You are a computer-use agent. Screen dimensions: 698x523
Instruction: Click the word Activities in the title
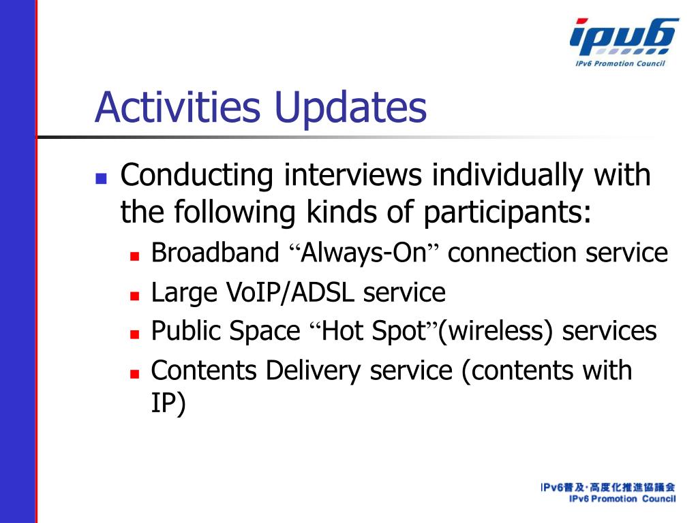(x=177, y=107)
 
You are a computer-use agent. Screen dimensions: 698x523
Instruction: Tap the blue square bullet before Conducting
(x=101, y=178)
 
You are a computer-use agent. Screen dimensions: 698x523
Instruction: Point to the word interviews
(x=352, y=174)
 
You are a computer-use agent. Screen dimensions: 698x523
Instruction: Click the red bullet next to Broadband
(x=134, y=256)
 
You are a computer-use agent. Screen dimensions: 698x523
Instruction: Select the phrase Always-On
(x=364, y=253)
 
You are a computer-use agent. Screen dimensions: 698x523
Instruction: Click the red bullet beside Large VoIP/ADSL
(x=134, y=296)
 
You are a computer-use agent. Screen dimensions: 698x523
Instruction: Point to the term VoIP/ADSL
(x=290, y=294)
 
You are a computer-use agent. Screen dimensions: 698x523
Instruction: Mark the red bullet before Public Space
(x=134, y=334)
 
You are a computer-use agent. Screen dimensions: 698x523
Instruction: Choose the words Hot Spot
(x=374, y=331)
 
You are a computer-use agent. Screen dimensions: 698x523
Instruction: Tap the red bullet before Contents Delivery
(x=134, y=374)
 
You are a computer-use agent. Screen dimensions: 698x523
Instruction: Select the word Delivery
(x=313, y=371)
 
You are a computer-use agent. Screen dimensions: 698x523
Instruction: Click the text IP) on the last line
(x=168, y=404)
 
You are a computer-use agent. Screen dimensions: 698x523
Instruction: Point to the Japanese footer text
(x=608, y=488)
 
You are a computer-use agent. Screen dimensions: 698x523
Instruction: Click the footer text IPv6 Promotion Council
(x=622, y=499)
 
